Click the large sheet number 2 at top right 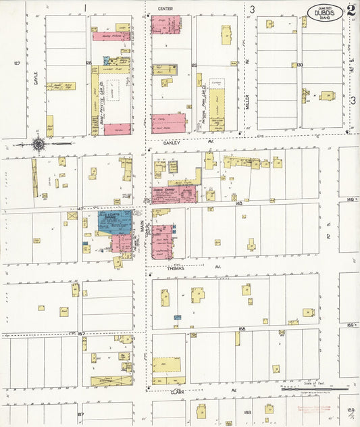[351, 11]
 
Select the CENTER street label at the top [165, 8]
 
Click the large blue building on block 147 [115, 222]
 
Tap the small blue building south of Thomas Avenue [178, 316]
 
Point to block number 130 [300, 65]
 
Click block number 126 [193, 65]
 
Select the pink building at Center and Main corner [166, 24]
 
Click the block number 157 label [81, 334]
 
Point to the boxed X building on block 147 [72, 216]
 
